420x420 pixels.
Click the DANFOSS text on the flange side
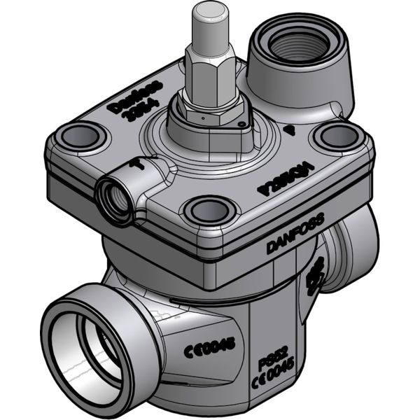pyautogui.click(x=295, y=234)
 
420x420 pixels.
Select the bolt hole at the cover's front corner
pyautogui.click(x=207, y=209)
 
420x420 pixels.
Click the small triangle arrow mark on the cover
pyautogui.click(x=290, y=130)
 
